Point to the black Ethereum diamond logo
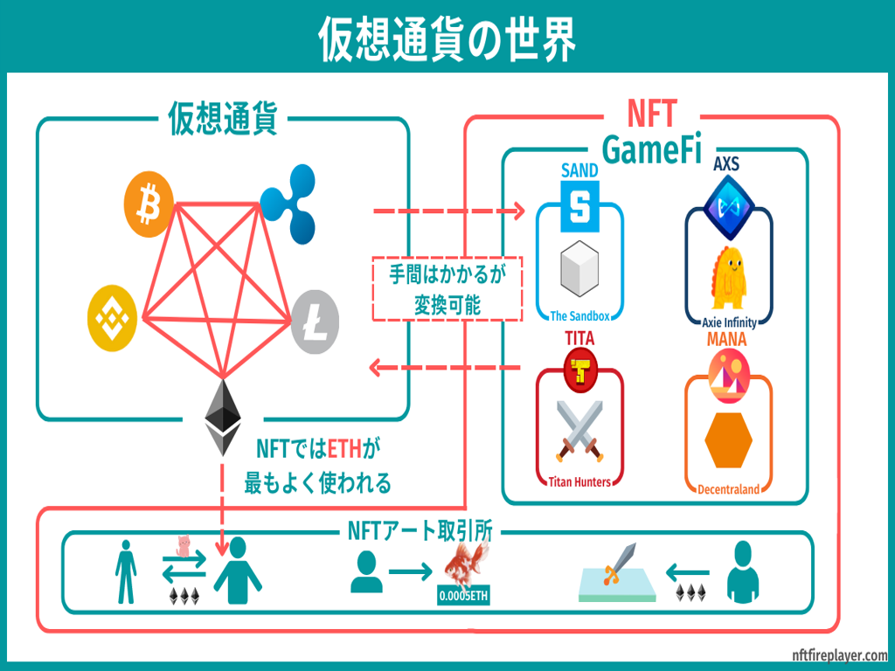[x=225, y=417]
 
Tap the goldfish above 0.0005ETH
[x=462, y=566]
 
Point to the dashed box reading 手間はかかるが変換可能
[x=447, y=289]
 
